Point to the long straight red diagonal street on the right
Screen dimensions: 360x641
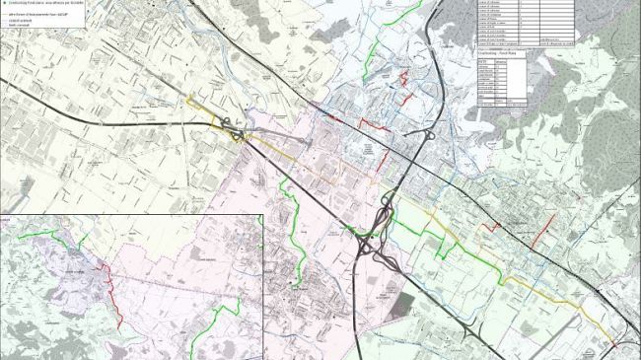541,230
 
